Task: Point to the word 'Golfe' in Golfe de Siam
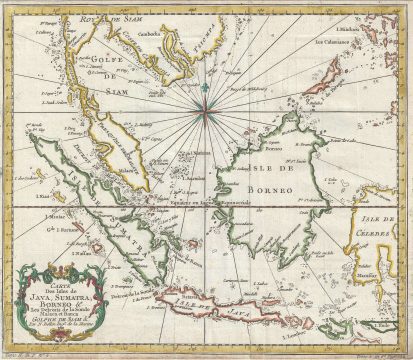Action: [x=102, y=59]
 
